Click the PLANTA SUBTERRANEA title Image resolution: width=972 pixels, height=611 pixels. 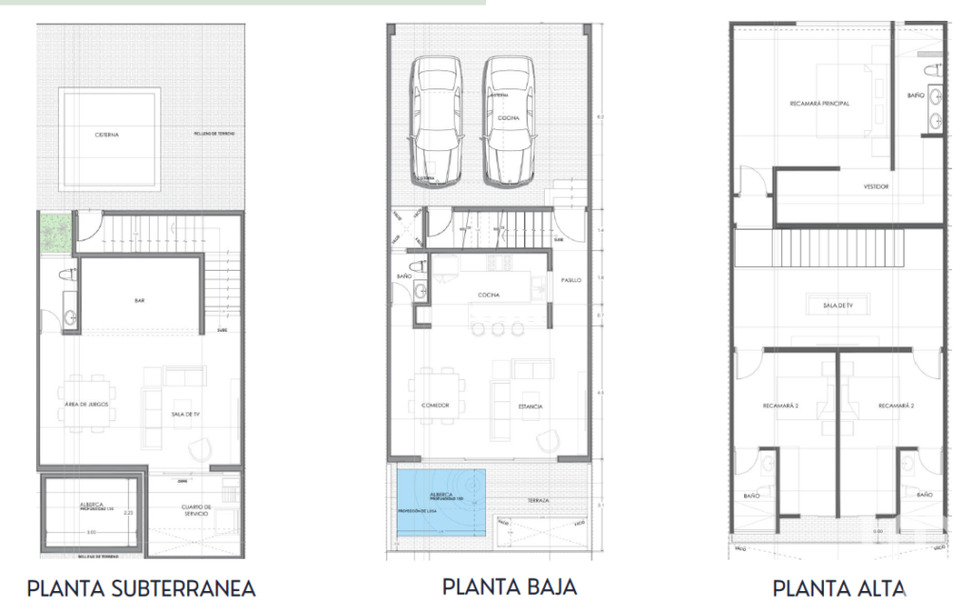(140, 588)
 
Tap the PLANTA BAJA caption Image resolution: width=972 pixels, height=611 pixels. (509, 585)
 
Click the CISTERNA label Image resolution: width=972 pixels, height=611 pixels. (106, 135)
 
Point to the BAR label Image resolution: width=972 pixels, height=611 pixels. (140, 301)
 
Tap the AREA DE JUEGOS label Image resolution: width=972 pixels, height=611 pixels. (86, 405)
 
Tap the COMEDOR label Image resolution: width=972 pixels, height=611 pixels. (435, 406)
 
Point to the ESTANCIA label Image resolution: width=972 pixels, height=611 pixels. (530, 406)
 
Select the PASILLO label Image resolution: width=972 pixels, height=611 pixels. (570, 280)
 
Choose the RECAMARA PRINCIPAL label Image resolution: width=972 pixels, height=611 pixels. (819, 103)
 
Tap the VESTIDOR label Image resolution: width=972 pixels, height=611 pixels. (876, 186)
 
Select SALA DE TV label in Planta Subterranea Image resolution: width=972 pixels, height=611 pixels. (184, 414)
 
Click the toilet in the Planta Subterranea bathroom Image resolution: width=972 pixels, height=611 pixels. (67, 274)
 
